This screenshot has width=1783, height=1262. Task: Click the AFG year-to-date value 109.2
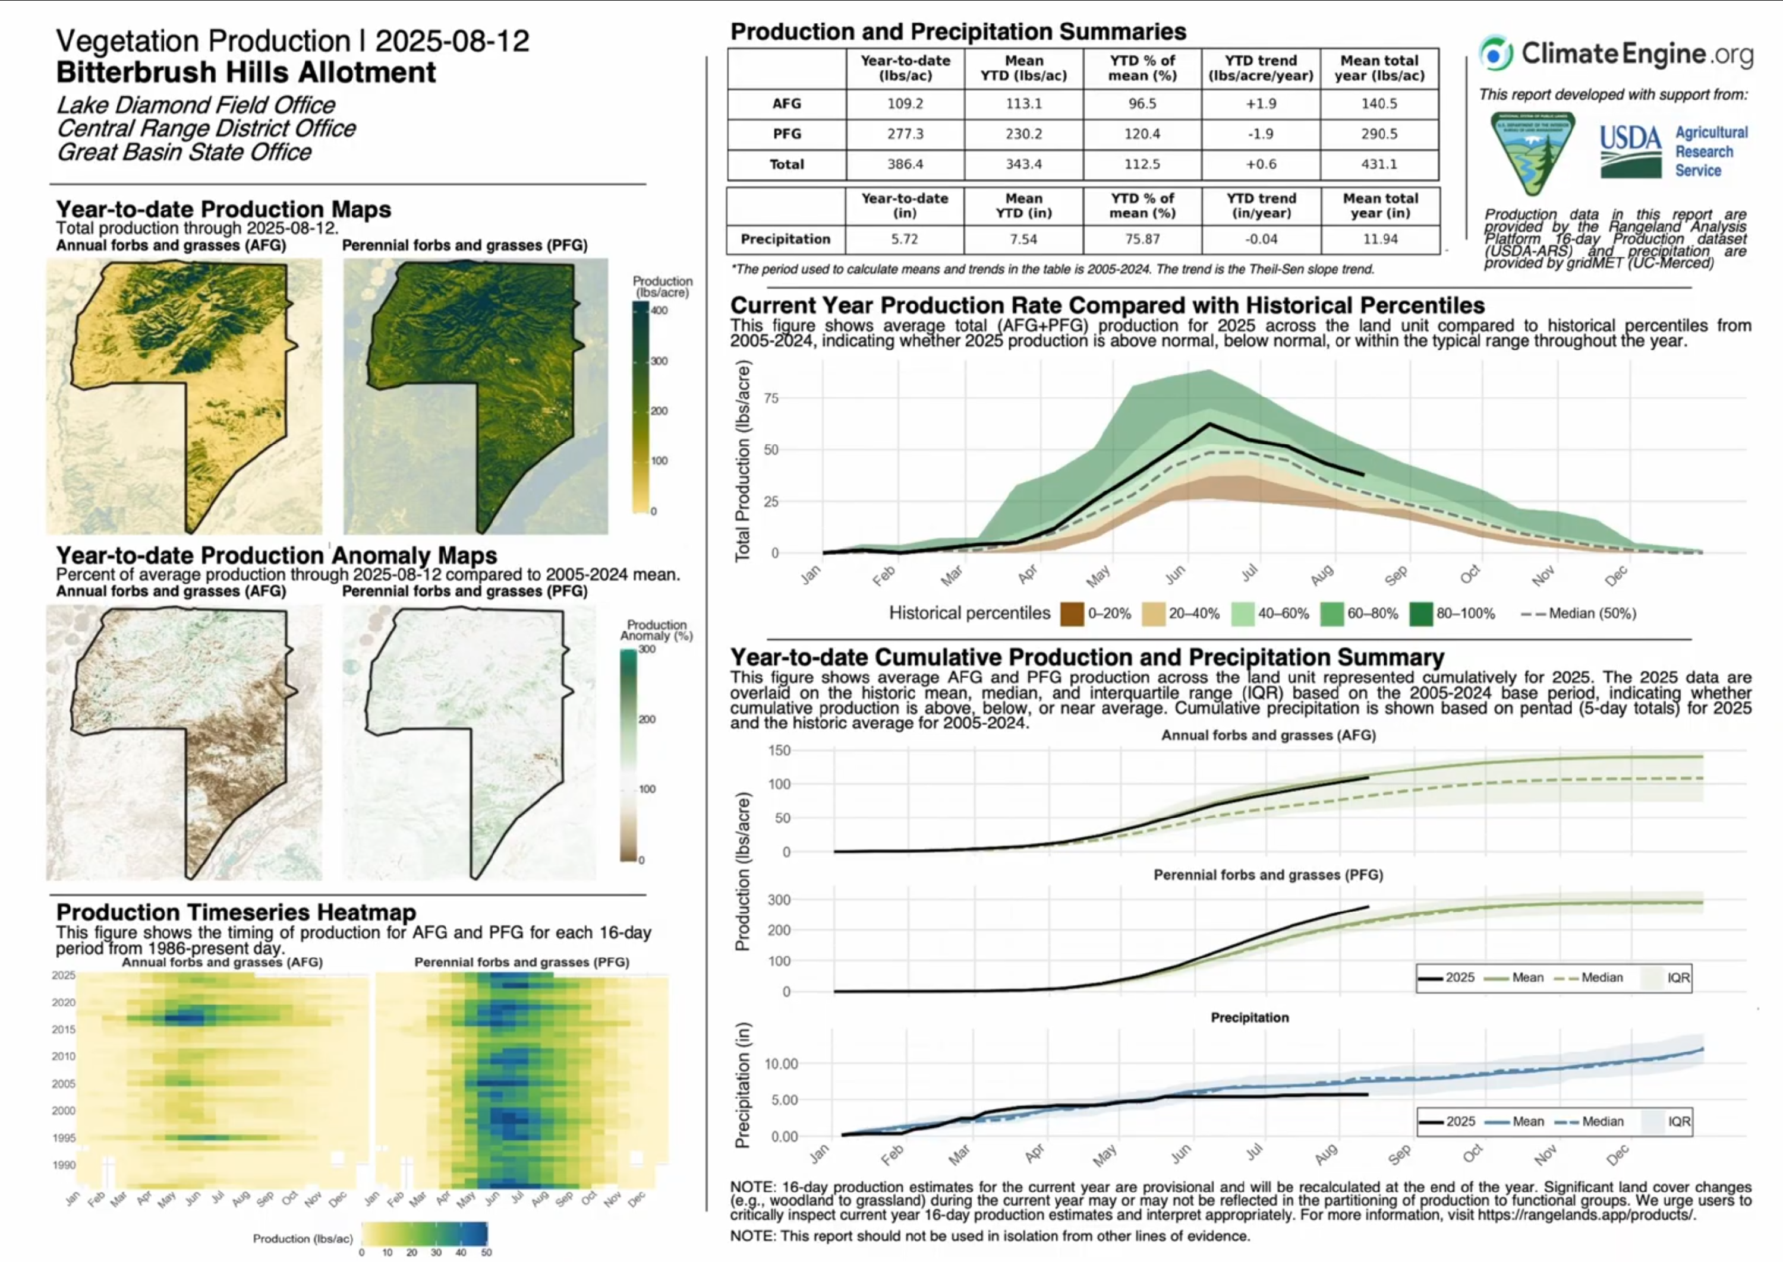pos(905,103)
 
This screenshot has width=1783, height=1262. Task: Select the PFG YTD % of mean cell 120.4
pos(1142,134)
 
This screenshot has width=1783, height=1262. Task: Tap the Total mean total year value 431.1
pos(1379,164)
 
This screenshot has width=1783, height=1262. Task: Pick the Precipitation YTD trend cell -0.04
pos(1261,239)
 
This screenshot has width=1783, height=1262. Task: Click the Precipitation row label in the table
pos(785,239)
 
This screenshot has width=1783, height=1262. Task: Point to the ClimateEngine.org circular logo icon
pos(1495,53)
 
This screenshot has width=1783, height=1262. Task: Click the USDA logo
pos(1630,151)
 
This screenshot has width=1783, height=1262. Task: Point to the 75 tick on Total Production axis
pos(771,398)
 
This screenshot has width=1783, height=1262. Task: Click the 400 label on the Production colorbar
pos(659,310)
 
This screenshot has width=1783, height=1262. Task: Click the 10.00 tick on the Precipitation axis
pos(781,1063)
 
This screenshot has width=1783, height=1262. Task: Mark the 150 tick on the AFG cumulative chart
pos(779,750)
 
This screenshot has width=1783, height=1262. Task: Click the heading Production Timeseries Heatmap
pos(235,912)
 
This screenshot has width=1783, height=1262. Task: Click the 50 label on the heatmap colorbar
pos(486,1252)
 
